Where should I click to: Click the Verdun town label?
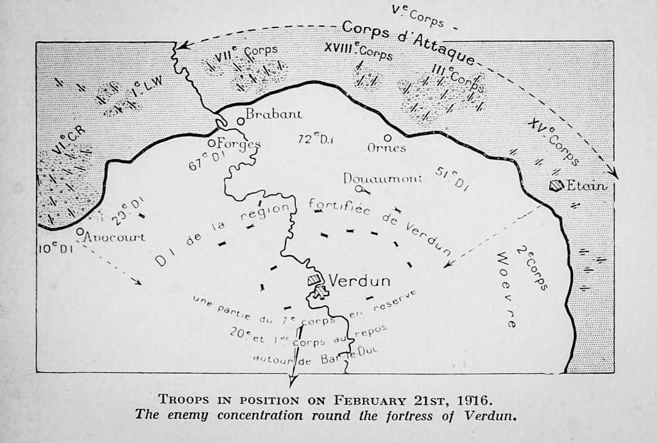point(359,280)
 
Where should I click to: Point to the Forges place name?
point(238,143)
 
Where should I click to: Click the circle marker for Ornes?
point(388,137)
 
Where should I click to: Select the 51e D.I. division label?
point(452,178)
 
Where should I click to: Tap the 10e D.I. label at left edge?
point(55,248)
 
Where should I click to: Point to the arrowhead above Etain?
point(615,174)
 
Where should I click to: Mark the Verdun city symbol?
point(315,285)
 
